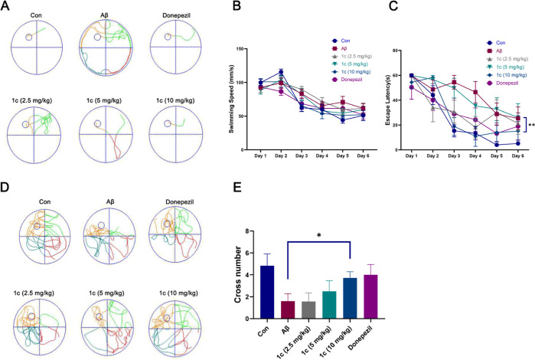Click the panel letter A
pos(7,7)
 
